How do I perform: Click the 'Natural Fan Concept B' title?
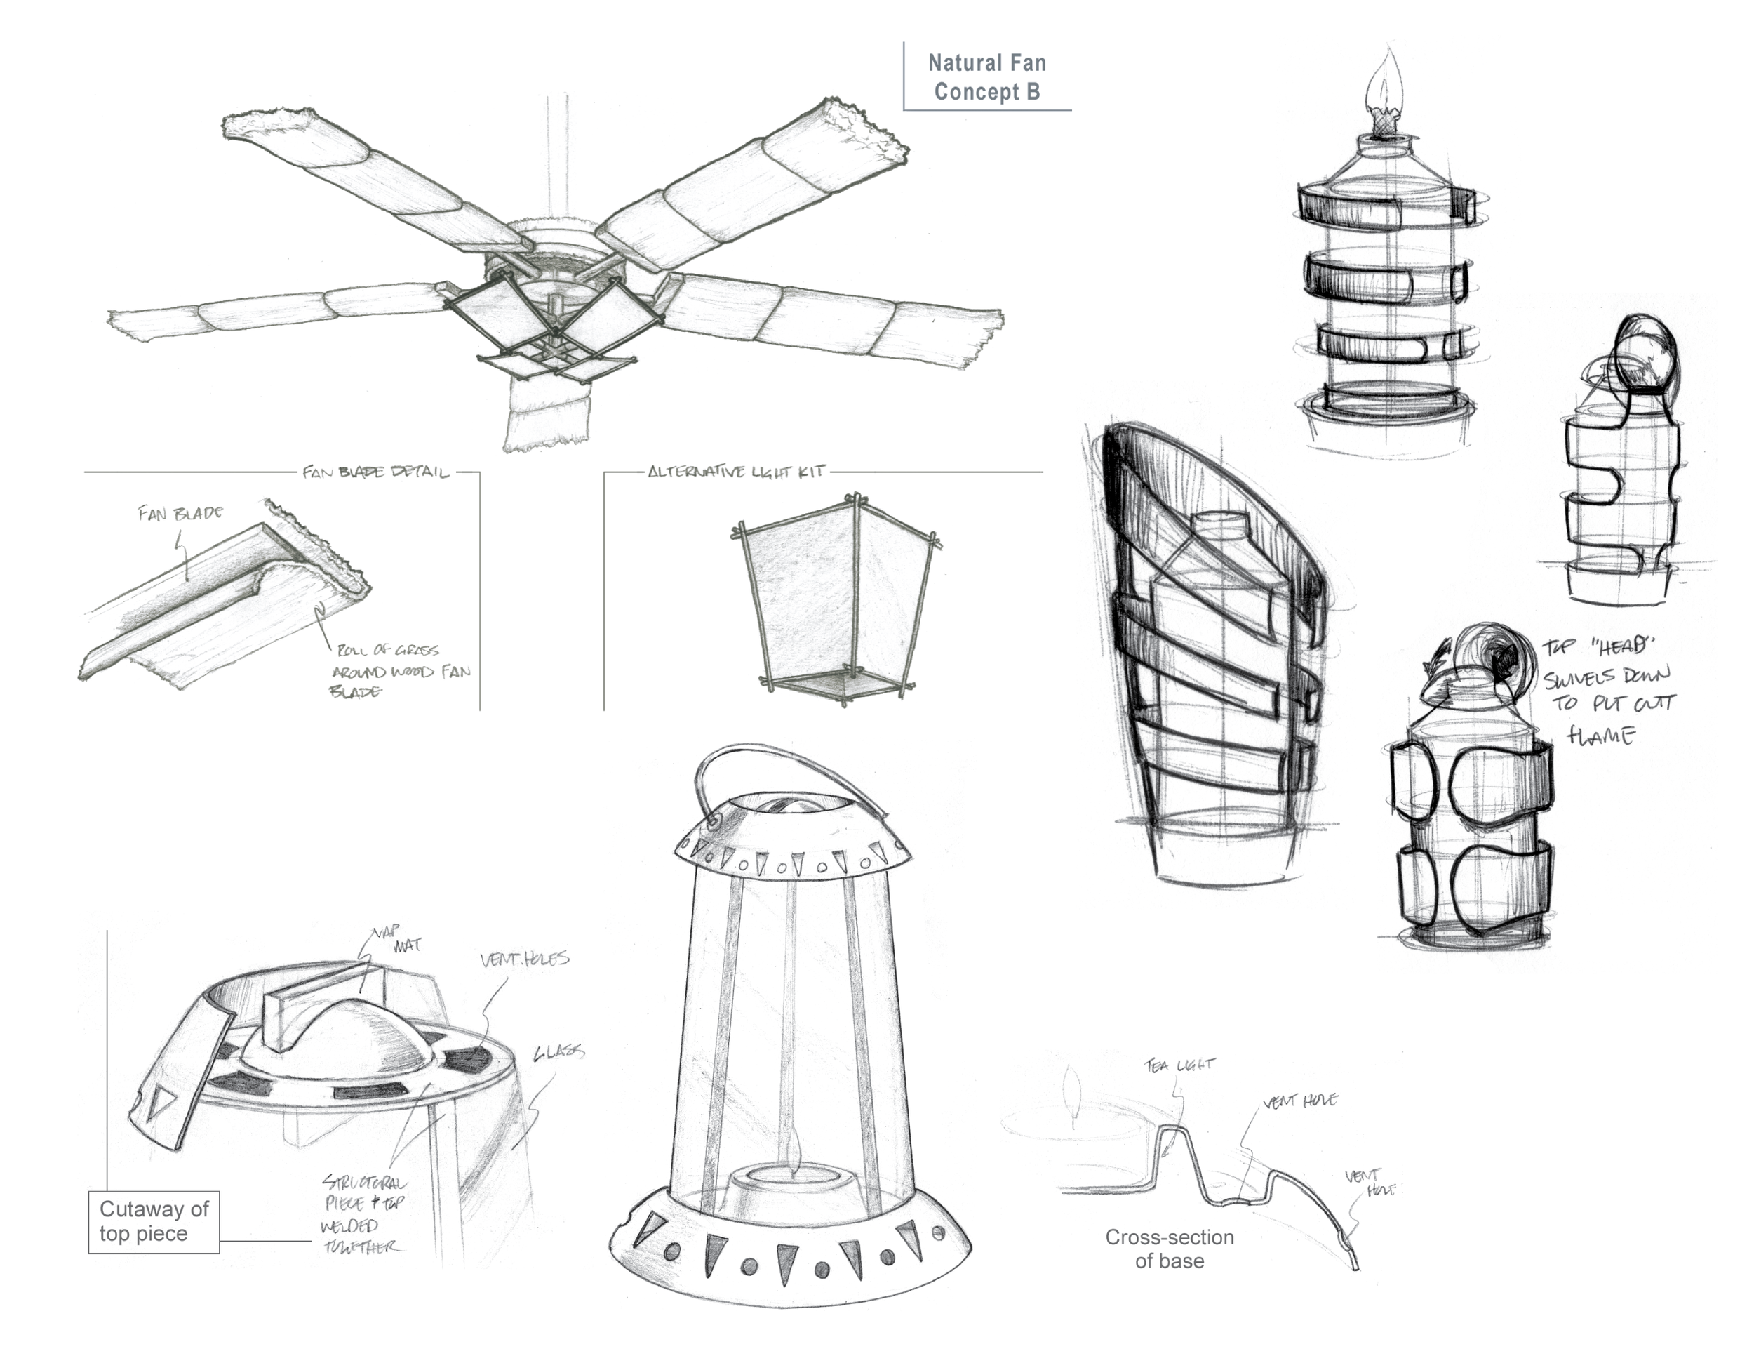(x=986, y=77)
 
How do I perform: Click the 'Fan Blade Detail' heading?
(x=375, y=472)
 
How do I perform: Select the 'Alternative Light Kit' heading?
(x=736, y=472)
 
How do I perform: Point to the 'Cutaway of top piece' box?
(x=154, y=1221)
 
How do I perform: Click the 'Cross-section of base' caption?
(x=1170, y=1249)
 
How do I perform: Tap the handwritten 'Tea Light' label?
(x=1180, y=1065)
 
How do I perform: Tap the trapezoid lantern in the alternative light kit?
(x=837, y=599)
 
